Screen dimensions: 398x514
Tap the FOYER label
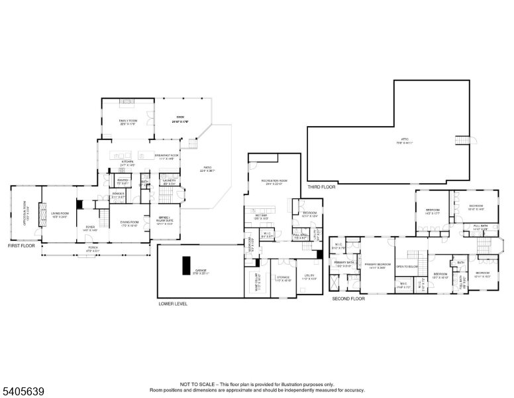(x=89, y=227)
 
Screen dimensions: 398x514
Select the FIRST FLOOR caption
(x=21, y=245)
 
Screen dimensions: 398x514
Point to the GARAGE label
(x=200, y=271)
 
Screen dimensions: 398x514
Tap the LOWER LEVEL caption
(x=173, y=304)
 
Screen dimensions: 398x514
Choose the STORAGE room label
(x=283, y=278)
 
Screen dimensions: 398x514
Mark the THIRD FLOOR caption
(x=321, y=187)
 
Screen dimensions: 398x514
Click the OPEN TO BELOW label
(x=407, y=266)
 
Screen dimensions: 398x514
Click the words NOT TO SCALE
(x=197, y=383)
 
